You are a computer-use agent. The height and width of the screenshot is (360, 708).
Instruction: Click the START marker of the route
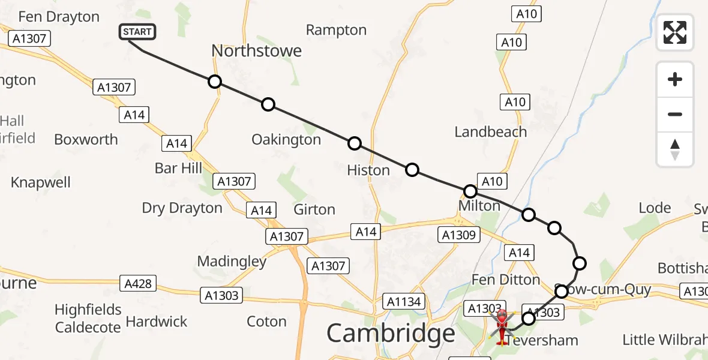[138, 32]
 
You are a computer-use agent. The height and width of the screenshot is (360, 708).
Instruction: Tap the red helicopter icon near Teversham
[502, 325]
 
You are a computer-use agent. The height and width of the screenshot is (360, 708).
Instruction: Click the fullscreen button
[675, 32]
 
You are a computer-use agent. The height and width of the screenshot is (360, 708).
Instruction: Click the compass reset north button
[675, 149]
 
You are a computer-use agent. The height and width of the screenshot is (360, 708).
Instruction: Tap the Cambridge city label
[391, 333]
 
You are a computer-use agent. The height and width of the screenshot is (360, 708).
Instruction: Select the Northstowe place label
[256, 51]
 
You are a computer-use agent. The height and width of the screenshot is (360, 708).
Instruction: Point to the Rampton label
[336, 30]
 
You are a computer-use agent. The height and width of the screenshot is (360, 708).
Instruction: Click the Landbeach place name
[491, 132]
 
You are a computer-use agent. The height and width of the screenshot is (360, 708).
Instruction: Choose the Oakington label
[286, 140]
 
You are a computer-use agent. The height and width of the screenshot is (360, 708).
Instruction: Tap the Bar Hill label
[179, 168]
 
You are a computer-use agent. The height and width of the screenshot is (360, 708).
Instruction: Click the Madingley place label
[232, 262]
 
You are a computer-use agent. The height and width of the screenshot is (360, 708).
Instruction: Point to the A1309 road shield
[458, 235]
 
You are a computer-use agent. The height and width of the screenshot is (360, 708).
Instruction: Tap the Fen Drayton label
[59, 17]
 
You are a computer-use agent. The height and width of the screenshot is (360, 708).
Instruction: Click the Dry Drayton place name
[182, 208]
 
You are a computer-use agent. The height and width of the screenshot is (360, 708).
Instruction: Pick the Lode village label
[655, 208]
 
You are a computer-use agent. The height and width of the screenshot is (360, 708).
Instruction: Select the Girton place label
[314, 209]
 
